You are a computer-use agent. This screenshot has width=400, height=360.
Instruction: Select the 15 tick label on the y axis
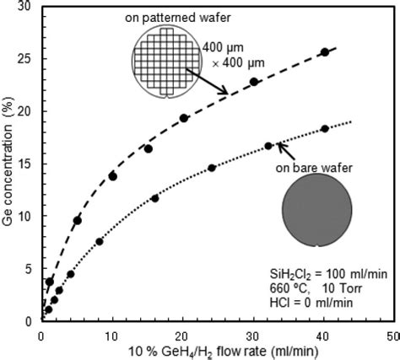[x=27, y=164]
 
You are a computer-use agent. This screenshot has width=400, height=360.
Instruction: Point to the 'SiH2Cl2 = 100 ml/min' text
[x=323, y=274]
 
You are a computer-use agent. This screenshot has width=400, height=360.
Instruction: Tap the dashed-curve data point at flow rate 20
[x=184, y=118]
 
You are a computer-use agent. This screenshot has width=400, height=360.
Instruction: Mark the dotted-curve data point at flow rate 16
[x=154, y=198]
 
